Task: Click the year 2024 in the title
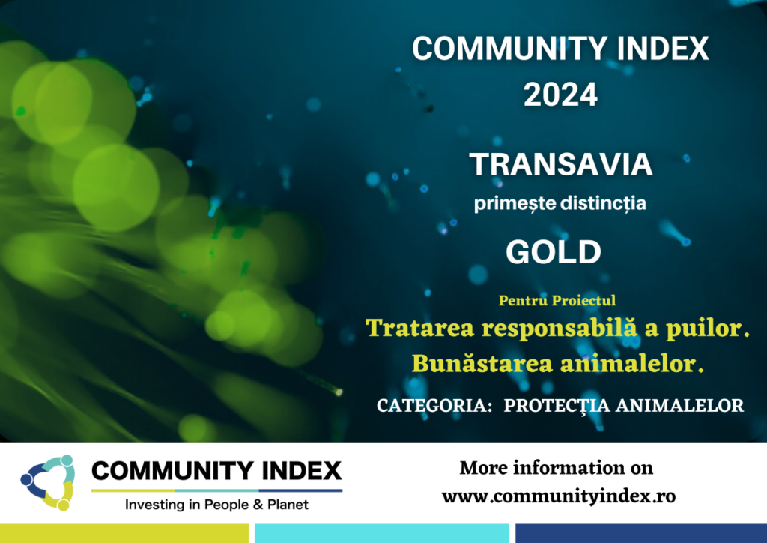click(x=560, y=94)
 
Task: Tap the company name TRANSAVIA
click(x=561, y=164)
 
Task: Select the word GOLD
click(x=554, y=252)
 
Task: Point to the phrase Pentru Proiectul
click(x=557, y=300)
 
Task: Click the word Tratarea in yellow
click(x=420, y=328)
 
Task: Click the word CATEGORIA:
click(x=434, y=406)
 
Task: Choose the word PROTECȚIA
click(x=557, y=406)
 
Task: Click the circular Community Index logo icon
click(x=48, y=483)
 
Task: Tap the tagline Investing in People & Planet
click(x=216, y=505)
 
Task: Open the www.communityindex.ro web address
click(x=559, y=496)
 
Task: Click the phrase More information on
click(x=557, y=468)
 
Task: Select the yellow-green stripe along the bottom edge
click(x=124, y=534)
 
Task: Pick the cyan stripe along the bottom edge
click(x=382, y=534)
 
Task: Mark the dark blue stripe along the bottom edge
click(x=641, y=534)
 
